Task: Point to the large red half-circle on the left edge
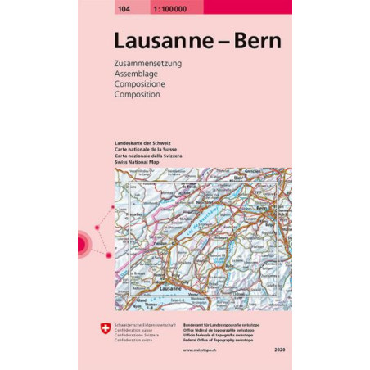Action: pyautogui.click(x=82, y=243)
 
